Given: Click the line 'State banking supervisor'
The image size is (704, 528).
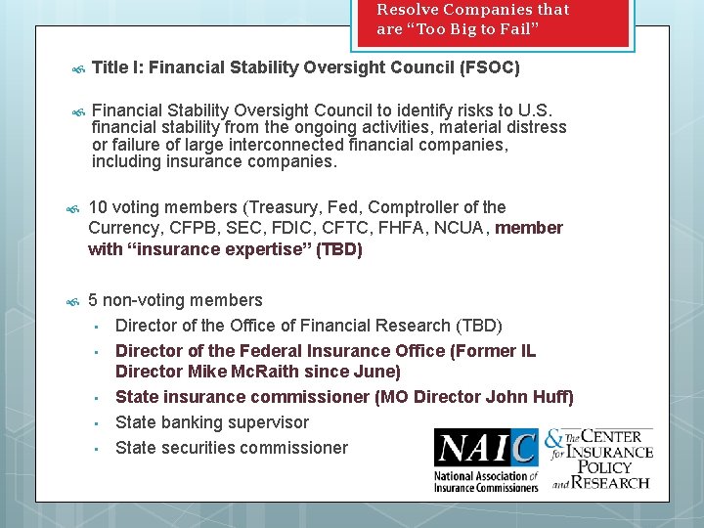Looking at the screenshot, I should [x=212, y=422].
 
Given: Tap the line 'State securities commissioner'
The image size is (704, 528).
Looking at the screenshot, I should [x=232, y=448].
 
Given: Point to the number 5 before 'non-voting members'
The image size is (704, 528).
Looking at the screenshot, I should [x=93, y=300].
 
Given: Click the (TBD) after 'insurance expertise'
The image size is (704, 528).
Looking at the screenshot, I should [x=338, y=249].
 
